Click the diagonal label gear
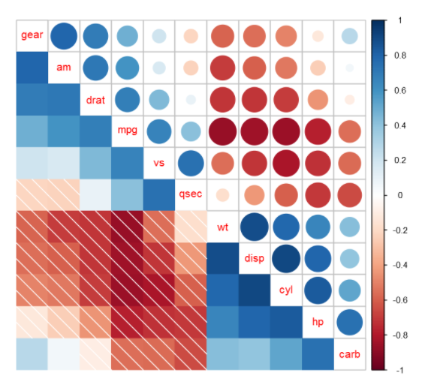32,35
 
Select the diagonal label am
64,68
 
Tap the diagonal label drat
95,99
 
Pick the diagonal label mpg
127,131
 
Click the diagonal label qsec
191,194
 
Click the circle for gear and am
64,35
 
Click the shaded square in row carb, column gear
32,353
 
